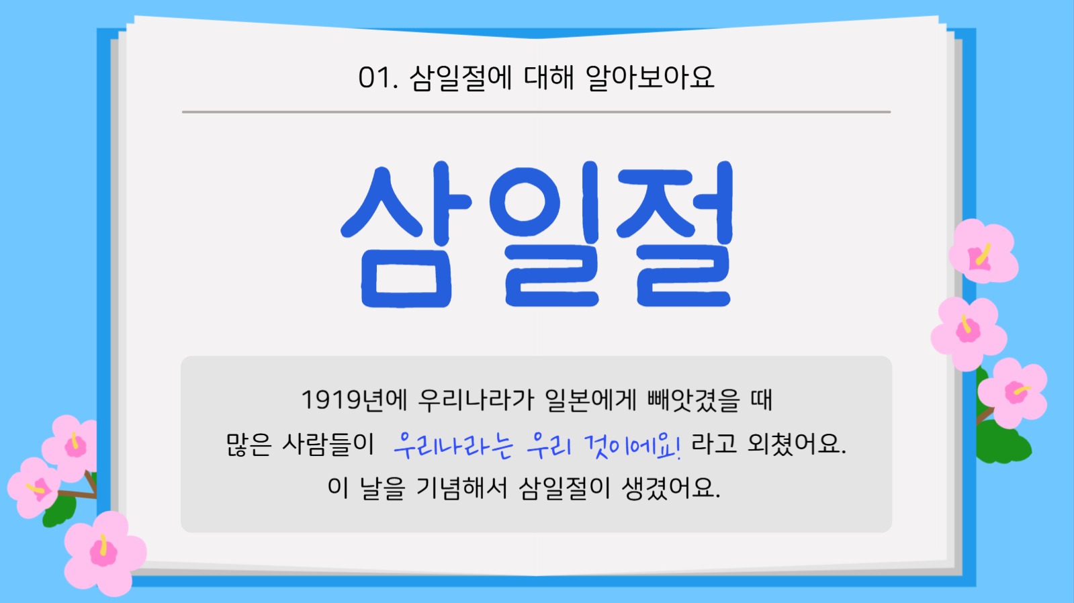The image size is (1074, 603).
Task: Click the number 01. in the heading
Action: pos(377,78)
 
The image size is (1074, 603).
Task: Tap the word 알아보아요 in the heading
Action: pos(650,78)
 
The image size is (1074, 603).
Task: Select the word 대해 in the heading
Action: pos(549,78)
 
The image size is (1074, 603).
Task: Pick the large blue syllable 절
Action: pos(675,235)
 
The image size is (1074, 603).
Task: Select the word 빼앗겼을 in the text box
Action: pos(692,400)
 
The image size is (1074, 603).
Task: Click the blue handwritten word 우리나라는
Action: pos(453,445)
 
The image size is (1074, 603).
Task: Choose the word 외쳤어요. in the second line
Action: pos(797,444)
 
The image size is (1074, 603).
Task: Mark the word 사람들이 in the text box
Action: pos(328,444)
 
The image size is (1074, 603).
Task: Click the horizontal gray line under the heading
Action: pos(536,112)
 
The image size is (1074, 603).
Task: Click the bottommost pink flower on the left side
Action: pos(104,552)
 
